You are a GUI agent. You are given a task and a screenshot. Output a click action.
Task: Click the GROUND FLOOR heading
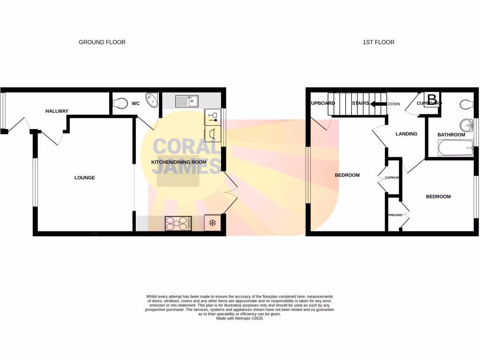[102, 42]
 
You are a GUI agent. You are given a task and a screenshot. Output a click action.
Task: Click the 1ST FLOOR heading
[378, 42]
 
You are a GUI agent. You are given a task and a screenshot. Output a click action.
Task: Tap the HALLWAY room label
[57, 111]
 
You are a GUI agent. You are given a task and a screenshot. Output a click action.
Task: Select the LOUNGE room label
[84, 178]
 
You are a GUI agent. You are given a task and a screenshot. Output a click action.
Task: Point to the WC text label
[135, 104]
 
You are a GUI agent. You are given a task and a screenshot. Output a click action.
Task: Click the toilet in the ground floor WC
[120, 103]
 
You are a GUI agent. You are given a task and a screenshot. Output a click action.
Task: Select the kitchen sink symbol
[187, 101]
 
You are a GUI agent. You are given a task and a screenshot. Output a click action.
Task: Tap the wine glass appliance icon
[212, 117]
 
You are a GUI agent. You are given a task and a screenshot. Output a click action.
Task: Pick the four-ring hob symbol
[178, 223]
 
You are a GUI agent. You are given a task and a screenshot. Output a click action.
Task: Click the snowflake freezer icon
[212, 223]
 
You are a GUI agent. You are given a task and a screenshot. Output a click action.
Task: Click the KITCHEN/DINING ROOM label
[179, 162]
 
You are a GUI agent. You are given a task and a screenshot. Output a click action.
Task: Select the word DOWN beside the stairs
[394, 104]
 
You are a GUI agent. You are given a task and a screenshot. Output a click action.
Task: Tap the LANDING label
[406, 134]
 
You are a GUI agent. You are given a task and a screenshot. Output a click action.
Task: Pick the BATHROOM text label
[451, 135]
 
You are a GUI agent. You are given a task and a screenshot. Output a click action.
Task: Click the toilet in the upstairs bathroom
[466, 104]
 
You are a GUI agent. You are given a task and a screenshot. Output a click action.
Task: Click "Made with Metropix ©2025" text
[240, 318]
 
